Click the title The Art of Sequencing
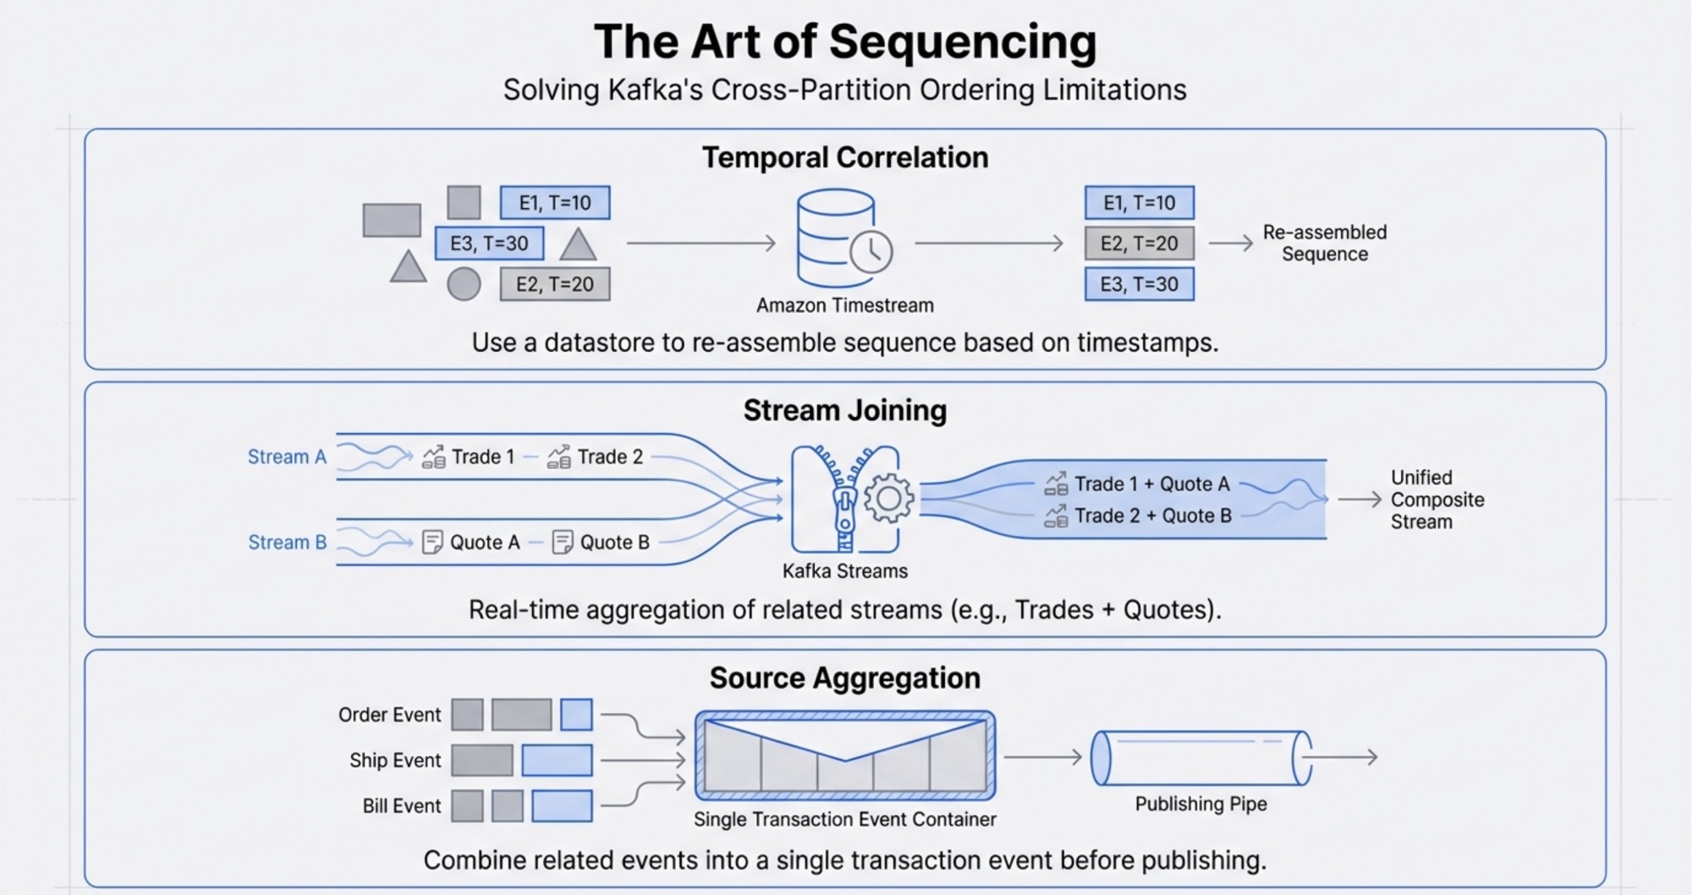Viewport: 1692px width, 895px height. pos(845,42)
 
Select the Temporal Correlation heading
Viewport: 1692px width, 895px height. pos(845,158)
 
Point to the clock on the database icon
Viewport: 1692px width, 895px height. pos(871,252)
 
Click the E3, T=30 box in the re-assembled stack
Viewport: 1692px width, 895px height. pos(1139,284)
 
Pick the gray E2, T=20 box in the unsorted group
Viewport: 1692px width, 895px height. pos(554,284)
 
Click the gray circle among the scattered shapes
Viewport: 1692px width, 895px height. pos(464,284)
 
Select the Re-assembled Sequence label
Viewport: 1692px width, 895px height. pos(1324,244)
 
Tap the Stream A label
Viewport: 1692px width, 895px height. pos(286,457)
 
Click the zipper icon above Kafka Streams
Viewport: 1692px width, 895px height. pos(844,499)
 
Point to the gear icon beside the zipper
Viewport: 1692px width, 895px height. pos(887,498)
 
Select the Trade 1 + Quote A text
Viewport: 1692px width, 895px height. pos(1151,484)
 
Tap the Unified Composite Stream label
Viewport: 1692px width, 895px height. pos(1437,500)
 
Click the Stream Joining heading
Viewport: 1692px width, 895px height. pos(844,411)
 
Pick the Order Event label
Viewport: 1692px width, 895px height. pos(389,715)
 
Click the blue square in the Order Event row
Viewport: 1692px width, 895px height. pos(576,715)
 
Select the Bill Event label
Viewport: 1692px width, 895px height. pos(401,806)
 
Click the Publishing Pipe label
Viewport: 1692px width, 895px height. pos(1200,804)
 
